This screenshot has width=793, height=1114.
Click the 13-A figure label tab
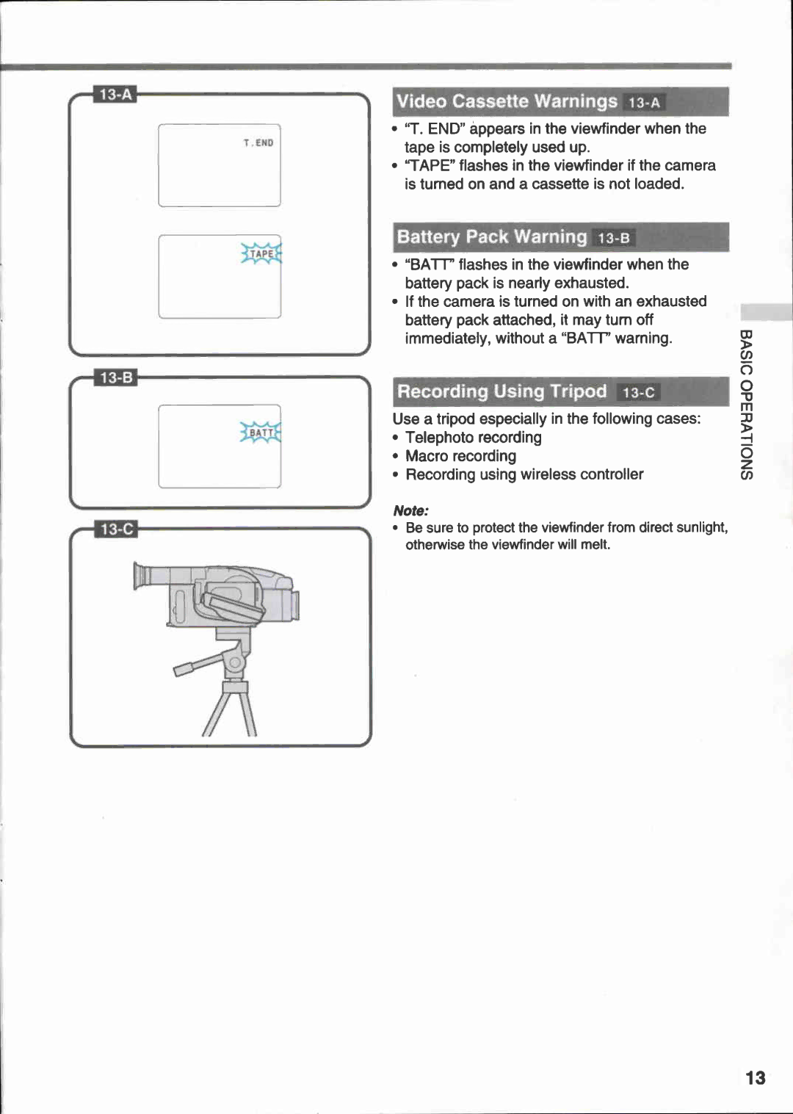point(115,95)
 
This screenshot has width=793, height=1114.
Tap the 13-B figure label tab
point(116,377)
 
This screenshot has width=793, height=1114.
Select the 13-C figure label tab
point(117,529)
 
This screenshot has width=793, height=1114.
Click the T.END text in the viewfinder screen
point(258,143)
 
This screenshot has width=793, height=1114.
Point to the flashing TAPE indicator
point(261,254)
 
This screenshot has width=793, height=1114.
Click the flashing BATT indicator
point(261,433)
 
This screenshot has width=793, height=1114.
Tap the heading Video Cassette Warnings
point(507,101)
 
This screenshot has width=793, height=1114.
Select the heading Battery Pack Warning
point(491,237)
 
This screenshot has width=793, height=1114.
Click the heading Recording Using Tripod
point(501,391)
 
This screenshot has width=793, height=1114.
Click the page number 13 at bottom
point(755,1078)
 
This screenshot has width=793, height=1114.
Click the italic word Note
point(410,510)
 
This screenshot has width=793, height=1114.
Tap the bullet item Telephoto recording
point(473,438)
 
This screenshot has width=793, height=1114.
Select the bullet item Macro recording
point(460,456)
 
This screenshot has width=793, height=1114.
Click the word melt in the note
point(595,544)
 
